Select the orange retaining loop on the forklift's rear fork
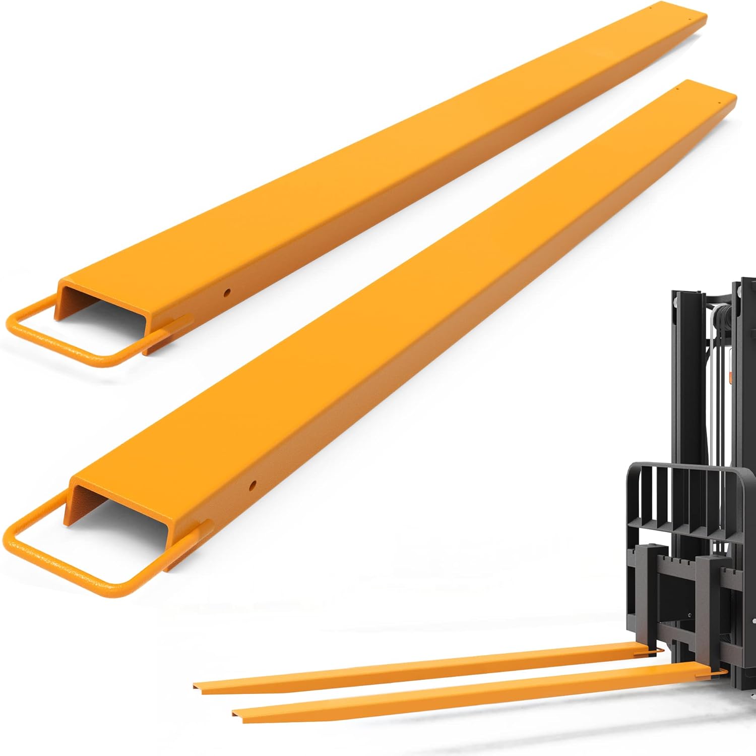click(x=654, y=652)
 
